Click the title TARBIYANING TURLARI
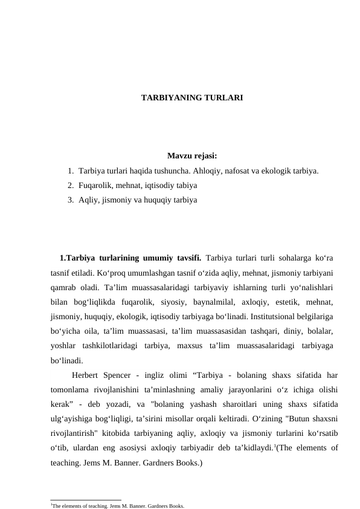point(192,97)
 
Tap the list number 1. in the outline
point(71,171)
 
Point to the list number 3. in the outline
point(71,198)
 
